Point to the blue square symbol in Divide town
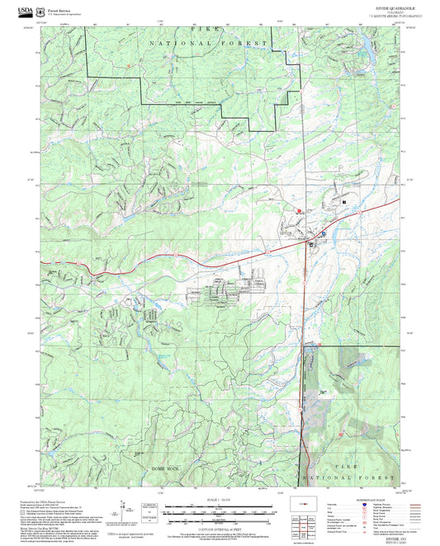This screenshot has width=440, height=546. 323,233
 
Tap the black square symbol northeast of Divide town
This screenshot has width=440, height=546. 343,201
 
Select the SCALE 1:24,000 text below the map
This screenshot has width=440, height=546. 220,500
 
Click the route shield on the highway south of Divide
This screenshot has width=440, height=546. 305,282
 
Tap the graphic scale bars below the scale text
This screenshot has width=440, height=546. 220,511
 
